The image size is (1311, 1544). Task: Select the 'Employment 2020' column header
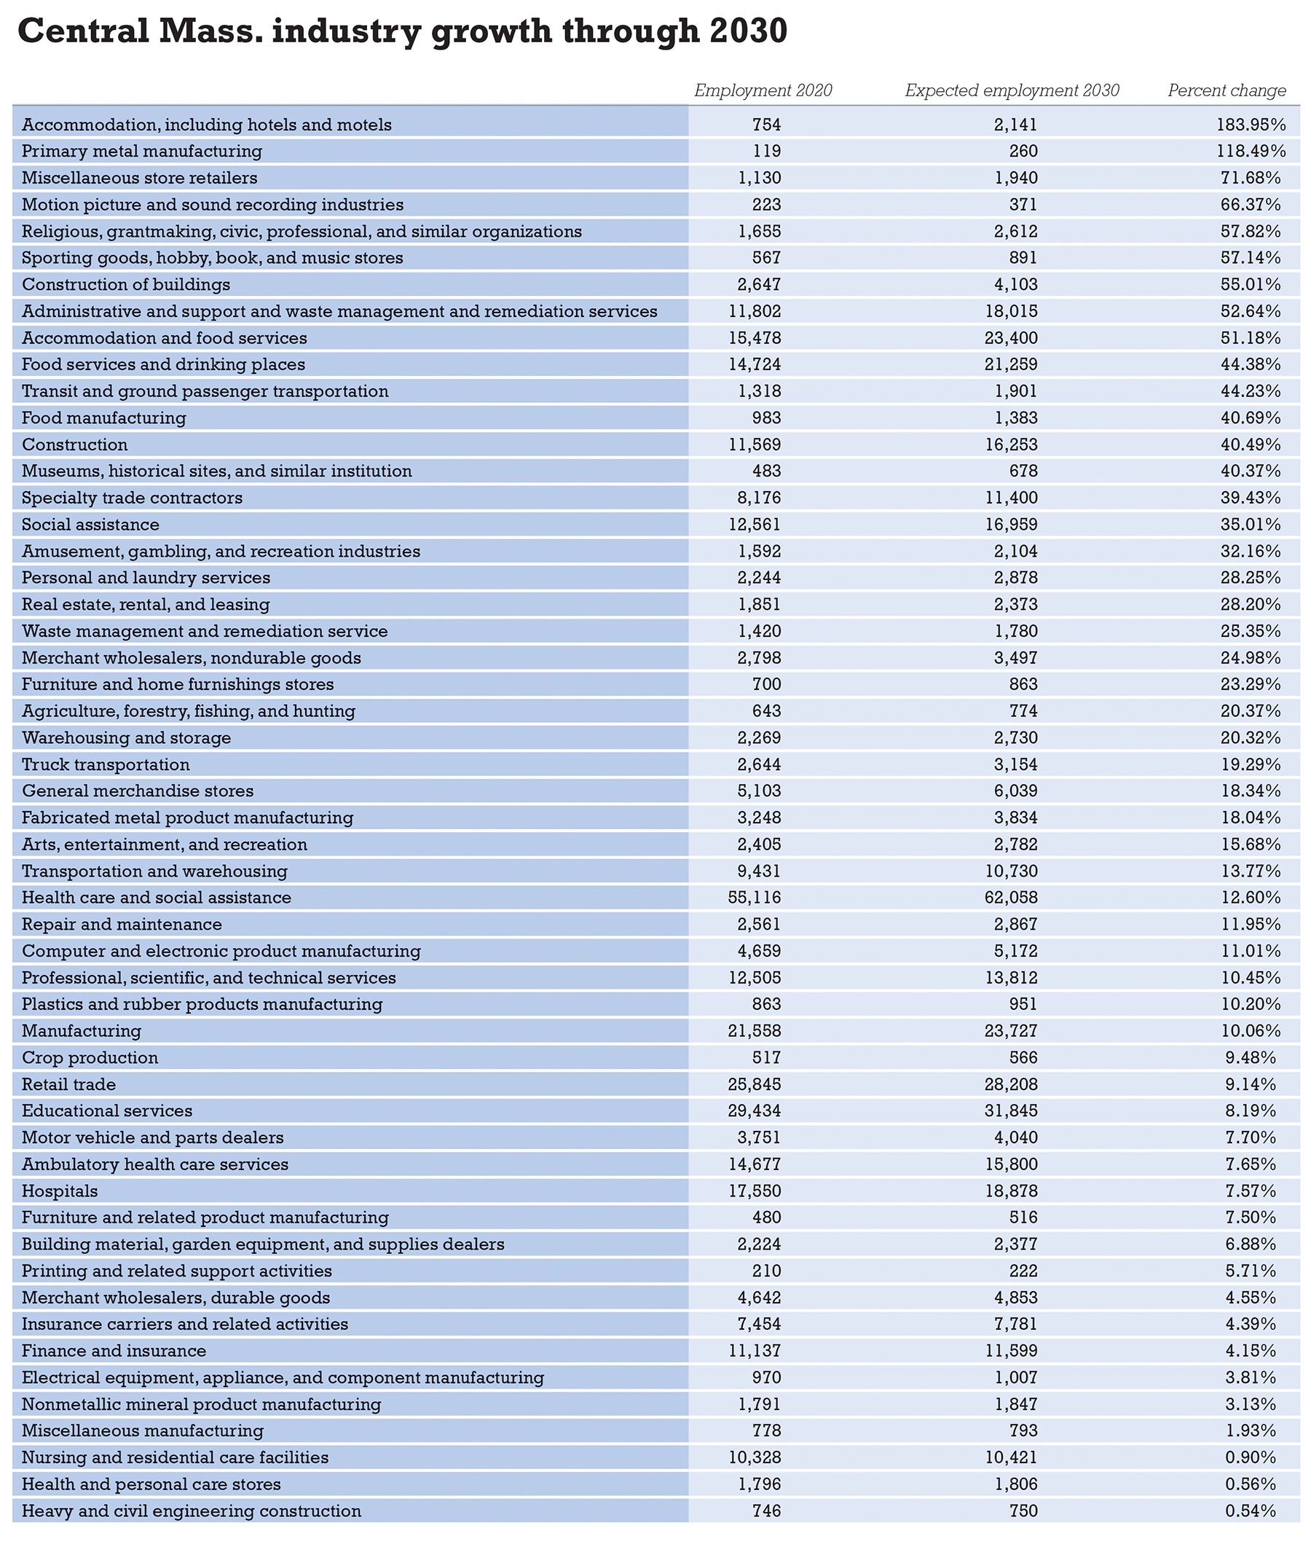(763, 90)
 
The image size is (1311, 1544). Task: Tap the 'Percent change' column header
(1227, 90)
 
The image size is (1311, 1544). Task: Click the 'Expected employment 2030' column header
(1012, 90)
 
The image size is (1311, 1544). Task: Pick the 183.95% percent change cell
(1250, 125)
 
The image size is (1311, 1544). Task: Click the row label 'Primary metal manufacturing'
(142, 152)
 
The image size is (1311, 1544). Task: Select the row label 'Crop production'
(90, 1057)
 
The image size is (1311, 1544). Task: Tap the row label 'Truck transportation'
(106, 764)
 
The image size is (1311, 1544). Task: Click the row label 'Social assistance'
(90, 525)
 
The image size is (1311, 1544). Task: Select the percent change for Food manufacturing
(1250, 418)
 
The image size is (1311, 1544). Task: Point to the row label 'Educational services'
(107, 1110)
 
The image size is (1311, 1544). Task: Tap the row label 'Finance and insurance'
(114, 1351)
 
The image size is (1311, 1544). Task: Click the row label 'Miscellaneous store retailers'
(140, 179)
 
